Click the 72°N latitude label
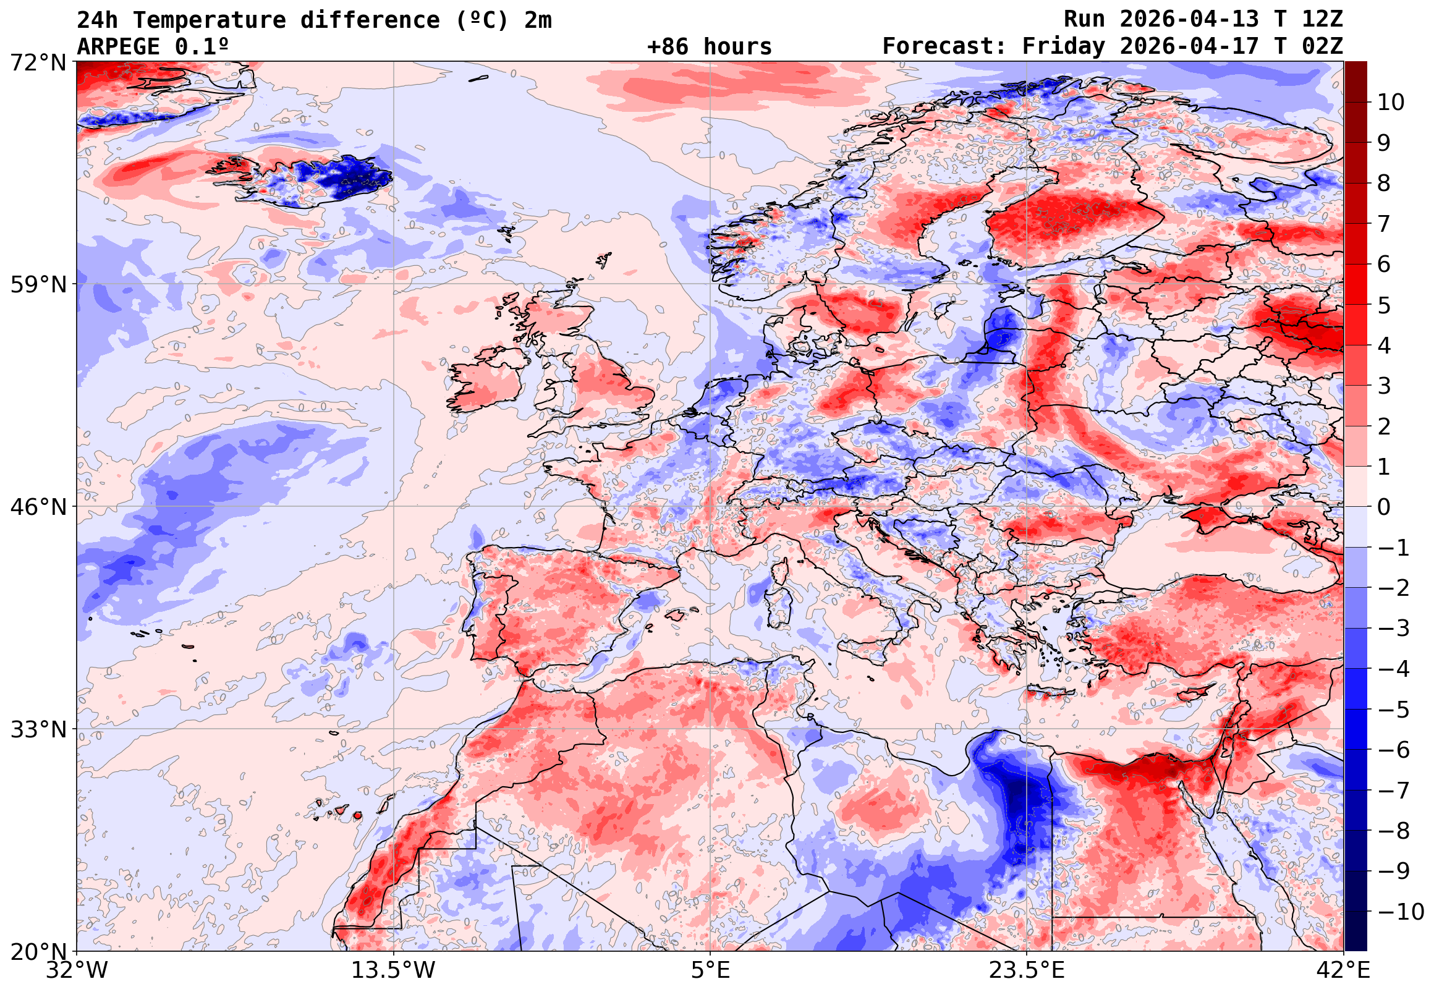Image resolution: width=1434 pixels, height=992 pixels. pos(38,62)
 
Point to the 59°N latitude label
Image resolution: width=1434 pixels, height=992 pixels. pos(38,285)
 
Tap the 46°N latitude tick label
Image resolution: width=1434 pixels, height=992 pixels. pos(38,507)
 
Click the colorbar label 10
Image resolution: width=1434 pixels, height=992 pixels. pos(1391,103)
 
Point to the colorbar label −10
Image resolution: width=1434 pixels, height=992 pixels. pos(1401,912)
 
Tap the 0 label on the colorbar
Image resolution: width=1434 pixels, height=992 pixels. pos(1384,507)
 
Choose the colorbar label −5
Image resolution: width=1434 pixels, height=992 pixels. pos(1394,710)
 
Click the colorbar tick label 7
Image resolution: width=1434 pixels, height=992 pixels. pos(1384,224)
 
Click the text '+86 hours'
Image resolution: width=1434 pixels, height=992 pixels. pos(709,46)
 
